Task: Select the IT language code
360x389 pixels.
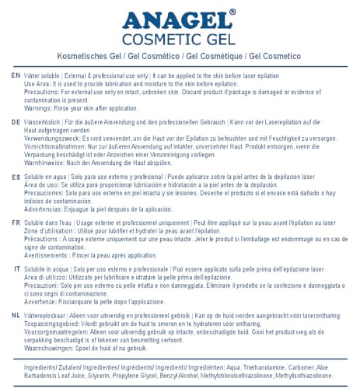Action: point(16,268)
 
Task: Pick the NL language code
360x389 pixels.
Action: point(16,315)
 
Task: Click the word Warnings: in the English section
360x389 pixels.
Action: point(41,108)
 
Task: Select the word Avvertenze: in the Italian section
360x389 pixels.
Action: point(44,301)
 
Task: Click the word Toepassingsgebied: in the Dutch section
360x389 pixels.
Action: point(54,324)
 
